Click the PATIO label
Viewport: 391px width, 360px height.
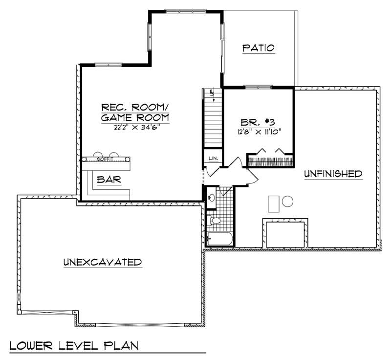(259, 48)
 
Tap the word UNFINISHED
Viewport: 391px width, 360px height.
(333, 174)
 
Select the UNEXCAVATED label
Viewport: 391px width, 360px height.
(102, 262)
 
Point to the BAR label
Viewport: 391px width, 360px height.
(109, 180)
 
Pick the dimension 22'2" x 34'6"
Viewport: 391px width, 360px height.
(134, 128)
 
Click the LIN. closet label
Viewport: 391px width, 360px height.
(213, 158)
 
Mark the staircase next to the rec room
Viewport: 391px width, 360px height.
(213, 120)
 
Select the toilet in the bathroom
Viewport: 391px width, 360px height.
(215, 221)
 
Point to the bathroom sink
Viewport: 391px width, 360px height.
(212, 198)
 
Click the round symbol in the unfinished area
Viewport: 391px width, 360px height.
(287, 202)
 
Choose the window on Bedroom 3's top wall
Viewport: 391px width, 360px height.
(258, 87)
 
